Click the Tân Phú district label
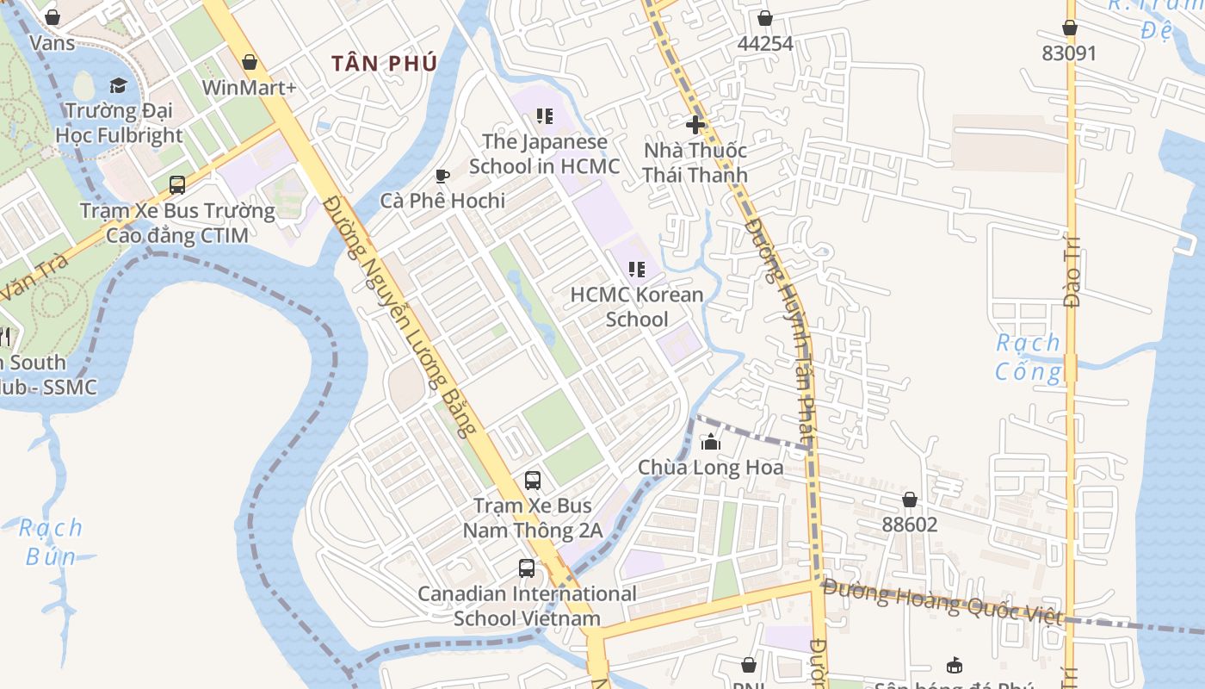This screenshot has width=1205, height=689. (385, 63)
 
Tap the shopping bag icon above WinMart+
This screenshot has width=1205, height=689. (250, 62)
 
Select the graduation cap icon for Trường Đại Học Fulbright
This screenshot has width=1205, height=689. (118, 85)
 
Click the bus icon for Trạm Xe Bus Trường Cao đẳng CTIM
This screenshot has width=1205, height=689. (177, 185)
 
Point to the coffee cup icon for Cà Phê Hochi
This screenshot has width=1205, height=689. (442, 176)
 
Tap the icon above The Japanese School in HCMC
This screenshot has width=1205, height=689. (544, 115)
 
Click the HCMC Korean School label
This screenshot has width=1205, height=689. (637, 307)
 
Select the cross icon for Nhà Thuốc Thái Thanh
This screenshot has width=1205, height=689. (695, 124)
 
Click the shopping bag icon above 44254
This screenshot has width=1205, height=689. (765, 18)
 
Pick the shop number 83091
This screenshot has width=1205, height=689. (1069, 53)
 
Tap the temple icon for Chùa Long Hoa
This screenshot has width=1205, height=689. (711, 443)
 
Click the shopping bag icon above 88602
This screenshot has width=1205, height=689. (910, 500)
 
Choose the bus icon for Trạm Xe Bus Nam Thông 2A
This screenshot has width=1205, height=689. (533, 481)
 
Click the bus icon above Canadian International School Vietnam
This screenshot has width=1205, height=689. (527, 568)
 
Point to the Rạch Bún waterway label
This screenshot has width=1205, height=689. (51, 542)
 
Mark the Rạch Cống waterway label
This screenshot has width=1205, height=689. (1029, 357)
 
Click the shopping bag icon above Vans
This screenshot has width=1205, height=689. (52, 17)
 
